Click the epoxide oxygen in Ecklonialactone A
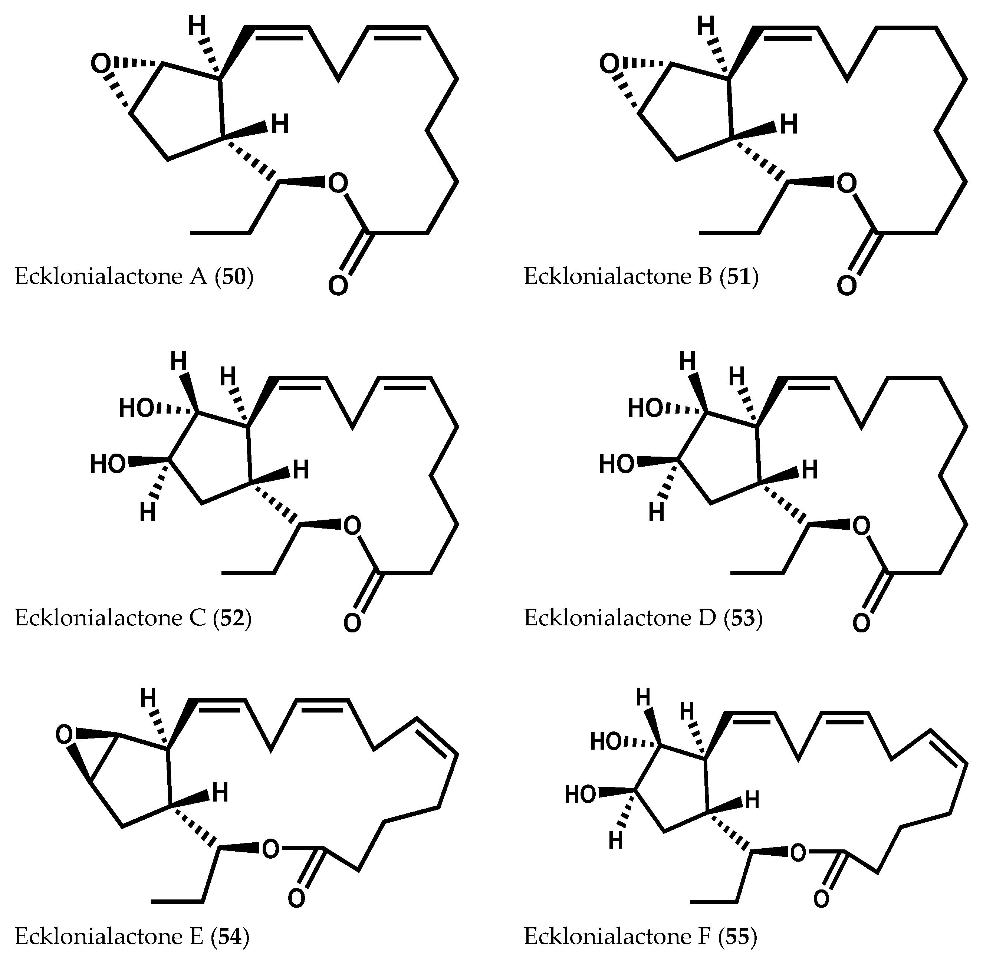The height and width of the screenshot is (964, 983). point(100,64)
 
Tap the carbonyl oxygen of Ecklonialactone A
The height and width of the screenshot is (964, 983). point(338,285)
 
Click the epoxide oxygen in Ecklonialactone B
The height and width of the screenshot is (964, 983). point(609,64)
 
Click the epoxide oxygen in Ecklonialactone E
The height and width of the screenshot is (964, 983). point(65,735)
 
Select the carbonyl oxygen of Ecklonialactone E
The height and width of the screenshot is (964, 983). point(296,899)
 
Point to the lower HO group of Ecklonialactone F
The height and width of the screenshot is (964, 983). point(581,794)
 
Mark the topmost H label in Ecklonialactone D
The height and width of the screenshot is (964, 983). point(687,362)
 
